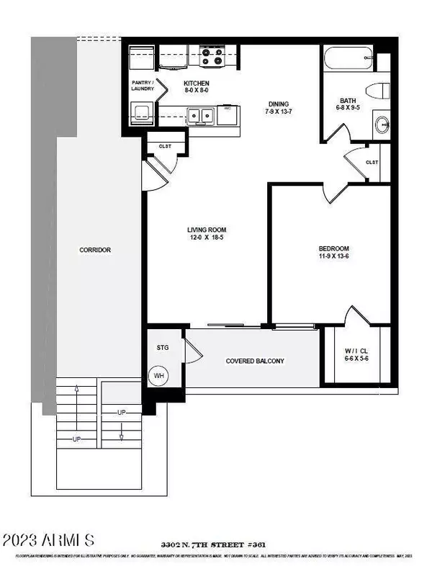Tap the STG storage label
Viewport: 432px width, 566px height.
(162, 348)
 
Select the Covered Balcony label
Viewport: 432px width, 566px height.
(255, 361)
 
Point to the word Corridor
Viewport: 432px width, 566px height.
(94, 251)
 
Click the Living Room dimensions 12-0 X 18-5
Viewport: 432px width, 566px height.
(207, 238)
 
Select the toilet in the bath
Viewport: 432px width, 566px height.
(379, 91)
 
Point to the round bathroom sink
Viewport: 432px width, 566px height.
(382, 125)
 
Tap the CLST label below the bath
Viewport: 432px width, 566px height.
(372, 162)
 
